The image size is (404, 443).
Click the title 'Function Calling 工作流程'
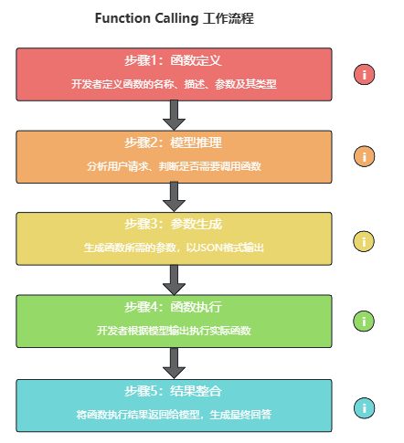coord(175,18)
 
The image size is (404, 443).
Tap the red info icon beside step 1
coord(364,74)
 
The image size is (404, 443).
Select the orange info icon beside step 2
coord(364,156)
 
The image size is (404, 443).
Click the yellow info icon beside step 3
coord(364,241)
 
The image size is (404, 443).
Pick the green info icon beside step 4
coord(364,322)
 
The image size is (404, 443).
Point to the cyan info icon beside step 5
coord(364,408)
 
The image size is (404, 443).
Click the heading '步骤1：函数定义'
coord(173,60)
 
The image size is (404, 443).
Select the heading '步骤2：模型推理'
coord(173,142)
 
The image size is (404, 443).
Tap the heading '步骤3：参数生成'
coord(173,224)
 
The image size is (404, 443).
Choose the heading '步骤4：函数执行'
coord(173,307)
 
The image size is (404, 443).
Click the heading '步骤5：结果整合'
coord(173,391)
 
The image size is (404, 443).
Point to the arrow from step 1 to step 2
coord(174,115)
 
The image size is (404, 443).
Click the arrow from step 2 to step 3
coord(174,197)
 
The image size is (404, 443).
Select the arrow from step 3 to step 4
coord(174,280)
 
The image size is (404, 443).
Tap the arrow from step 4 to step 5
coord(174,364)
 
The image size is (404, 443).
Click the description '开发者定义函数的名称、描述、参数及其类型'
coord(174,84)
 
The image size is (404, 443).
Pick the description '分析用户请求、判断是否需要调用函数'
coord(174,166)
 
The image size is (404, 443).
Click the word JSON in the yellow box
coord(208,248)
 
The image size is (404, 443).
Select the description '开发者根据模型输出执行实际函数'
coord(174,331)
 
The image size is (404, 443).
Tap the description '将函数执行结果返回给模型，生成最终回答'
coord(174,415)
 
